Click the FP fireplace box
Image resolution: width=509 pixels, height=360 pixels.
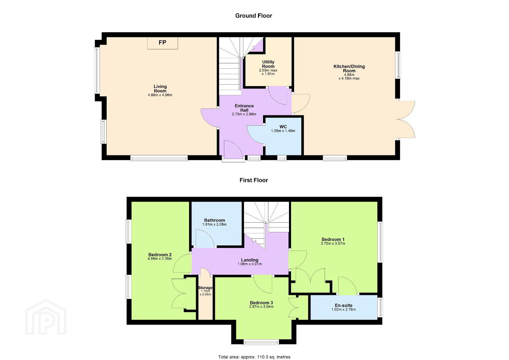163,43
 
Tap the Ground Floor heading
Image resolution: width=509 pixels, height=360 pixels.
254,16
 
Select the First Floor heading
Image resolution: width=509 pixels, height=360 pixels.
254,180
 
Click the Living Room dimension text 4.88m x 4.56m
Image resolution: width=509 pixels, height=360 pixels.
160,95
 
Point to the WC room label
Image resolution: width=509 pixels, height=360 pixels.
283,127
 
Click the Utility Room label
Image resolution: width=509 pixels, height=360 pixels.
268,64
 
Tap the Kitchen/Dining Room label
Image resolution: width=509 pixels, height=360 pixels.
349,69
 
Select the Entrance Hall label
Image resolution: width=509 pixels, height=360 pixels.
244,108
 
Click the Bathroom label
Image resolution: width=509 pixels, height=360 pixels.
215,220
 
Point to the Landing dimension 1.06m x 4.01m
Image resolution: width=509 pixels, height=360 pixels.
250,264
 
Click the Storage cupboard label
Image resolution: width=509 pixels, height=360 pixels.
205,288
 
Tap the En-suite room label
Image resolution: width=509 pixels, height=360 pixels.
344,305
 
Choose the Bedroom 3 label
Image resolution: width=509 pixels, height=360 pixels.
261,303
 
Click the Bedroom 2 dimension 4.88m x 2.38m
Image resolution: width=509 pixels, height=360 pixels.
160,259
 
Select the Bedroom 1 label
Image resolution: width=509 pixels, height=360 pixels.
333,239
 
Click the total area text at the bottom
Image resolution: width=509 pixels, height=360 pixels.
254,357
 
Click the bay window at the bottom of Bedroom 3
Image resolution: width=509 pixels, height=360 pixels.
261,342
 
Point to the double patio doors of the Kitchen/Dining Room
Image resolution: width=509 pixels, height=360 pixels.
406,119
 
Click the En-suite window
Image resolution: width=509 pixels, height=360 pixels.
380,307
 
